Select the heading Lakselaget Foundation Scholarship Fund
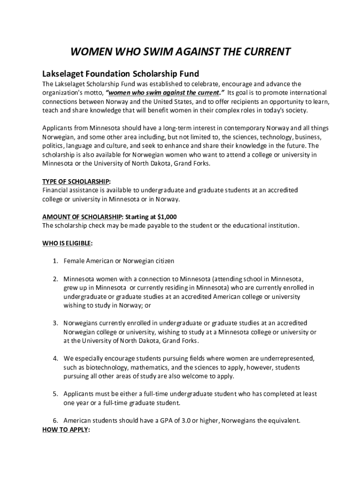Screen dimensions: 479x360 tap(121, 74)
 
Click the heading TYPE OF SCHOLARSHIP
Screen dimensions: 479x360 tap(76, 181)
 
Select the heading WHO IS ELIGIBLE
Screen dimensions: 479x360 tap(66, 243)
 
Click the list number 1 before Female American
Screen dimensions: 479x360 tap(55, 261)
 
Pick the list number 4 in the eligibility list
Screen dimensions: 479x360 tap(55, 359)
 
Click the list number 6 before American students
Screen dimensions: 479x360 tap(55, 421)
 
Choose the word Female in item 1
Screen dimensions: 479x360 tap(74, 261)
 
